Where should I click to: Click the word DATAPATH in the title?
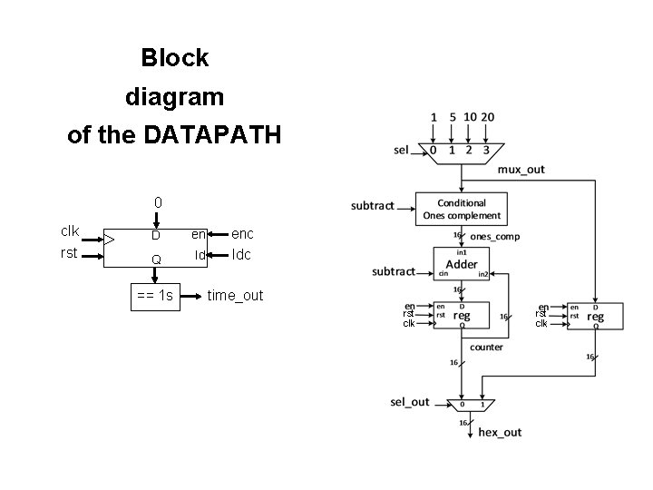point(212,135)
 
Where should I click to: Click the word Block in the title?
point(175,58)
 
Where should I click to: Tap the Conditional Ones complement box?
point(461,210)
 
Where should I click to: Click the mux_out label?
point(521,170)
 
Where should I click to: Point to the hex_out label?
point(501,432)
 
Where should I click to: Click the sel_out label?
point(410,402)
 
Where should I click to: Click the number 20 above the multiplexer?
point(488,117)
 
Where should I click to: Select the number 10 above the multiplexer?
point(470,117)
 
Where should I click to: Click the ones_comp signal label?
point(495,237)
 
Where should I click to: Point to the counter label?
point(486,347)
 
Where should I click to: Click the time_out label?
point(235,295)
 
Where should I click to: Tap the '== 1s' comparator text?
point(155,295)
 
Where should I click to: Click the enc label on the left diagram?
point(243,234)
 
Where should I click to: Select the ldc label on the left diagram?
point(242,255)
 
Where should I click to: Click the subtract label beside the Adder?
point(394,270)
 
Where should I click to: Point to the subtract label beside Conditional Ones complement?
point(373,206)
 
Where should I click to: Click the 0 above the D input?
point(158,201)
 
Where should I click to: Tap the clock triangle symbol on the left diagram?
point(110,240)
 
